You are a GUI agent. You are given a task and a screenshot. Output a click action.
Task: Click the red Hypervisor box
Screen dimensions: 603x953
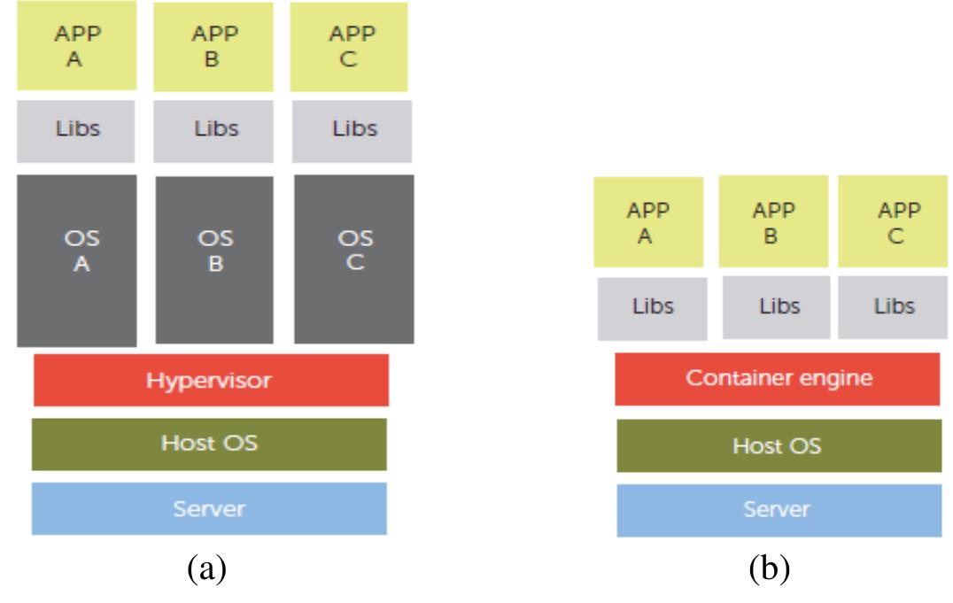(211, 380)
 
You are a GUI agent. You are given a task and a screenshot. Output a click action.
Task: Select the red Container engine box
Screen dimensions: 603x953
(778, 379)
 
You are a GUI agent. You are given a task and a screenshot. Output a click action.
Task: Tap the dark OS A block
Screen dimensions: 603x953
(76, 260)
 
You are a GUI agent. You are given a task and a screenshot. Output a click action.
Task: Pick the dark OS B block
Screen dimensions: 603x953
(214, 260)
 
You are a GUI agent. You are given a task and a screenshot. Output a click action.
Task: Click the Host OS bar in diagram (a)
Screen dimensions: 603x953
(209, 444)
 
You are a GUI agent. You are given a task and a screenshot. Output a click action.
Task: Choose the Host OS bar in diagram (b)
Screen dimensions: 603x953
(779, 445)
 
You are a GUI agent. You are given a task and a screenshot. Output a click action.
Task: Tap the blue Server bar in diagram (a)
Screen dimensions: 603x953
(209, 509)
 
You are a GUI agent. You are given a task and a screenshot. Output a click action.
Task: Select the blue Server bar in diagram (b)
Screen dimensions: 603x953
(779, 510)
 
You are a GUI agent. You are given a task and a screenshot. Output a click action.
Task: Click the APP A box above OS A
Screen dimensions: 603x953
(76, 46)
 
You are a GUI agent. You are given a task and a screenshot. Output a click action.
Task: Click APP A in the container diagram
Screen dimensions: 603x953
(648, 221)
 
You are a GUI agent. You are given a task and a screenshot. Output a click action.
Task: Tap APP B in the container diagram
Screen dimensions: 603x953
(773, 221)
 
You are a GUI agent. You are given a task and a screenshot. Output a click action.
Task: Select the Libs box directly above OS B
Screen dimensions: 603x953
(215, 130)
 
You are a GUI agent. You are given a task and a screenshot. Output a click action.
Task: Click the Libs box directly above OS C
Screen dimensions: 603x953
(353, 130)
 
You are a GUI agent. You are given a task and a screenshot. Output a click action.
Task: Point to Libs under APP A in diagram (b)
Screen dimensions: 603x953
(652, 308)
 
